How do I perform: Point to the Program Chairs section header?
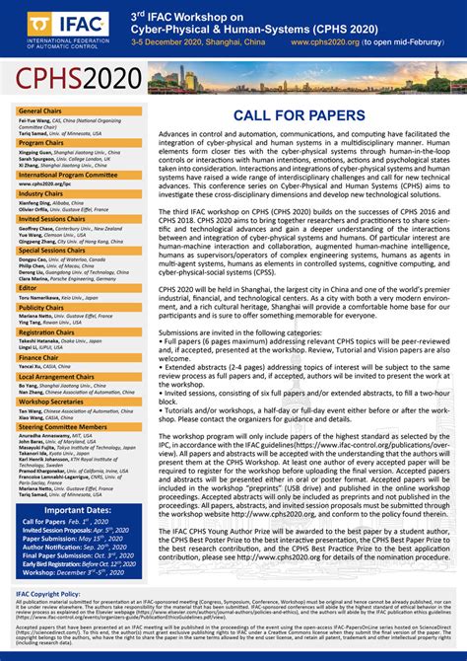coord(42,143)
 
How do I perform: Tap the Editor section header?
coord(30,288)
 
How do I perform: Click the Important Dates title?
coord(70,510)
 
